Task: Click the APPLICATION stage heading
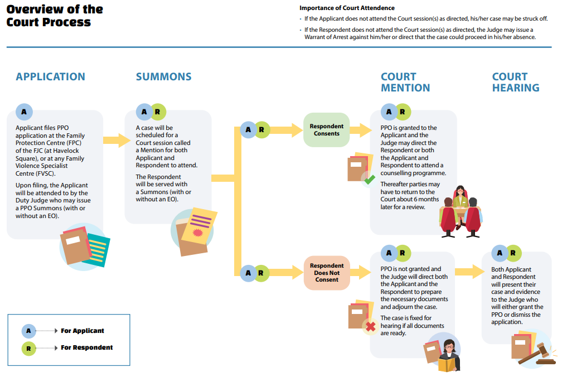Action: coord(51,77)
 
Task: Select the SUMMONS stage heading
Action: coord(163,77)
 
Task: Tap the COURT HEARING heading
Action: coord(515,82)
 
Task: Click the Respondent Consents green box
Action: coord(327,130)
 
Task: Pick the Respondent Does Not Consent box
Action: coord(327,273)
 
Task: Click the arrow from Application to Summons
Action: coord(117,140)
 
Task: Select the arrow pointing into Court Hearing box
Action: coord(470,271)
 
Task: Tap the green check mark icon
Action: coord(370,179)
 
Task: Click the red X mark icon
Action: coord(371,326)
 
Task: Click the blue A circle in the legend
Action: coord(28,331)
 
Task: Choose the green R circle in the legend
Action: coord(28,349)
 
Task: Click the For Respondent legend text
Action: coord(87,347)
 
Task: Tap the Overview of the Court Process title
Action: coord(55,16)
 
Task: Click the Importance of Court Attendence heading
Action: coord(347,8)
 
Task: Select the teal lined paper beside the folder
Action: coord(97,250)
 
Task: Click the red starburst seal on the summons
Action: coord(197,233)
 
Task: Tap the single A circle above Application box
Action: coord(24,112)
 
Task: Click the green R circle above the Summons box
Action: coord(158,112)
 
